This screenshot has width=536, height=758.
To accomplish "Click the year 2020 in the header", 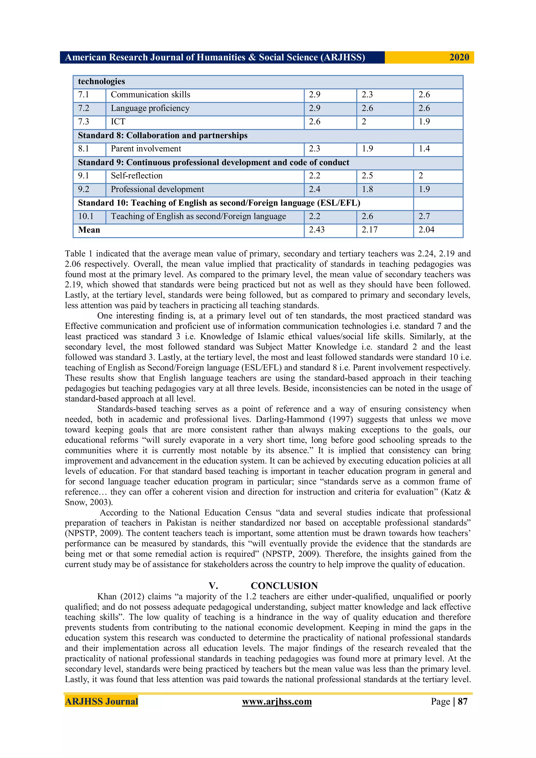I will click(x=459, y=57).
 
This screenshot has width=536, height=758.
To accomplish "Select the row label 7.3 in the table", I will click(x=83, y=122).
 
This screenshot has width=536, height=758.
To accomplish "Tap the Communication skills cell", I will click(x=150, y=95).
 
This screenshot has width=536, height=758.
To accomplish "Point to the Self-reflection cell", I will click(x=137, y=176).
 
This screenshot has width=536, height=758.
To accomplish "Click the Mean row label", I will click(x=89, y=230).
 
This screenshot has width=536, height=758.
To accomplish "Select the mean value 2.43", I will click(x=316, y=230).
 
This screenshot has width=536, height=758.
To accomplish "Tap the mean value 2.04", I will click(x=426, y=230).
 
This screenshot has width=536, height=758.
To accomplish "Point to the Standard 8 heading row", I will click(x=163, y=136).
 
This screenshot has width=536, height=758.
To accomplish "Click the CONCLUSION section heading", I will click(x=284, y=586).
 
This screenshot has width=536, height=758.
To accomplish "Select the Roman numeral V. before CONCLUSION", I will click(x=213, y=586).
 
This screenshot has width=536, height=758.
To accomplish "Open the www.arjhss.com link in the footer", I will click(x=277, y=701).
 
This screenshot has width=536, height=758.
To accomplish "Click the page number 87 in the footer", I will click(x=462, y=701).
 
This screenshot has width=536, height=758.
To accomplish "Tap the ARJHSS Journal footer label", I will click(x=101, y=701).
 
